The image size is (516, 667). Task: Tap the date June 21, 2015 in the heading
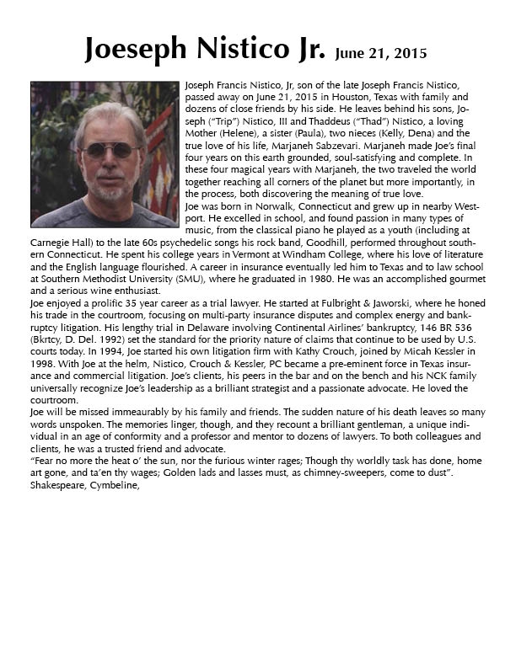point(380,53)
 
